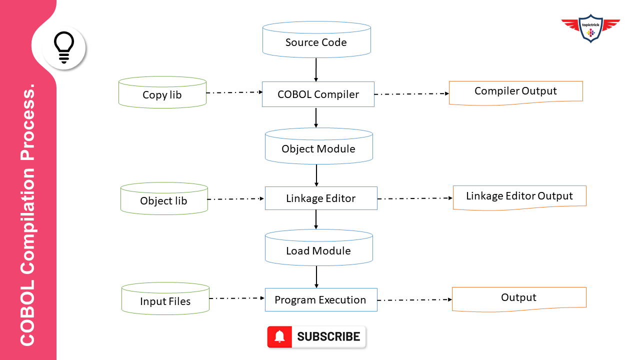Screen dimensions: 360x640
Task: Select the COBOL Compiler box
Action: pos(318,94)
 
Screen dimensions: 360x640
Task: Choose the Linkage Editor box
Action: pos(320,198)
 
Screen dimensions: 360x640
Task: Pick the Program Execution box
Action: pos(320,300)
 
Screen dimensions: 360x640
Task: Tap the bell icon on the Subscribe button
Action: pos(280,337)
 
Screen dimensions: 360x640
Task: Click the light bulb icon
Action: pos(64,47)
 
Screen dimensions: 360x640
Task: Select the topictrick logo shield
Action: pos(591,28)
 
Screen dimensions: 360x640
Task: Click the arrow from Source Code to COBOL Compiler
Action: pos(316,69)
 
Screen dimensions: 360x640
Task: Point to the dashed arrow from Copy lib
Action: pos(234,92)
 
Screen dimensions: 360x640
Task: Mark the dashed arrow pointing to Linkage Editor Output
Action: pos(414,198)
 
